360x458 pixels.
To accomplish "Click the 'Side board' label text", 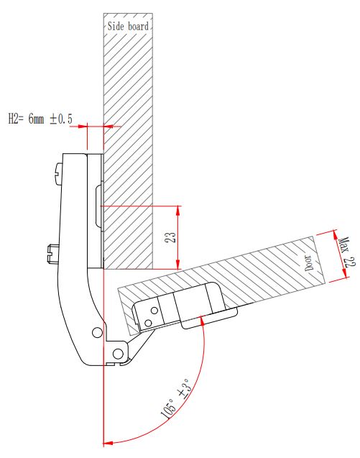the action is click(128, 27).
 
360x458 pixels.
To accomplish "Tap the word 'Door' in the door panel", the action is click(309, 262).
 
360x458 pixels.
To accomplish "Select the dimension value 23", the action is click(170, 237).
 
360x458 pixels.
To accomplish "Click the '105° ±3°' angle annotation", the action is click(175, 399).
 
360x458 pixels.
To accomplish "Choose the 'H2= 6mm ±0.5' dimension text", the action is click(40, 119).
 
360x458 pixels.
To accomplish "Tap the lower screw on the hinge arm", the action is click(53, 254).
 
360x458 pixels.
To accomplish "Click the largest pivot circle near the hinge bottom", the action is click(118, 354).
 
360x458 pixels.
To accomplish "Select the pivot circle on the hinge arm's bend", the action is click(97, 332).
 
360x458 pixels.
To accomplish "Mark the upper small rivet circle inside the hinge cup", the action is click(154, 310).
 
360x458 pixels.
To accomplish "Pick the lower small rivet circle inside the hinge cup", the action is click(148, 323).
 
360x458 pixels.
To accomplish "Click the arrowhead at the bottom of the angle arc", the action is click(108, 443).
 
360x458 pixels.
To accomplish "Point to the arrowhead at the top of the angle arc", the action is click(202, 321).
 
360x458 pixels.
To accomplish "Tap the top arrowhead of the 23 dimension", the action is click(177, 211).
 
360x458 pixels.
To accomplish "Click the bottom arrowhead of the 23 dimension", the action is click(177, 264).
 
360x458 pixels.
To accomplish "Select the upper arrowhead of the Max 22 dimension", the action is click(336, 235).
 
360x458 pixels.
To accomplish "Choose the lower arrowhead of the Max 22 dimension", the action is click(344, 273).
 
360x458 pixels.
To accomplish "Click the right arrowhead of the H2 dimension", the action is click(109, 127).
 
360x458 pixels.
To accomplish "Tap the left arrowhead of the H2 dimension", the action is click(83, 127).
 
